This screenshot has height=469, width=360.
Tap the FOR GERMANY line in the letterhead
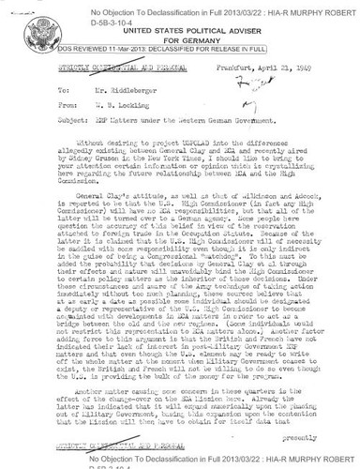(139, 40)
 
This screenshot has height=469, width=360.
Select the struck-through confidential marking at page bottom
(100, 443)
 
